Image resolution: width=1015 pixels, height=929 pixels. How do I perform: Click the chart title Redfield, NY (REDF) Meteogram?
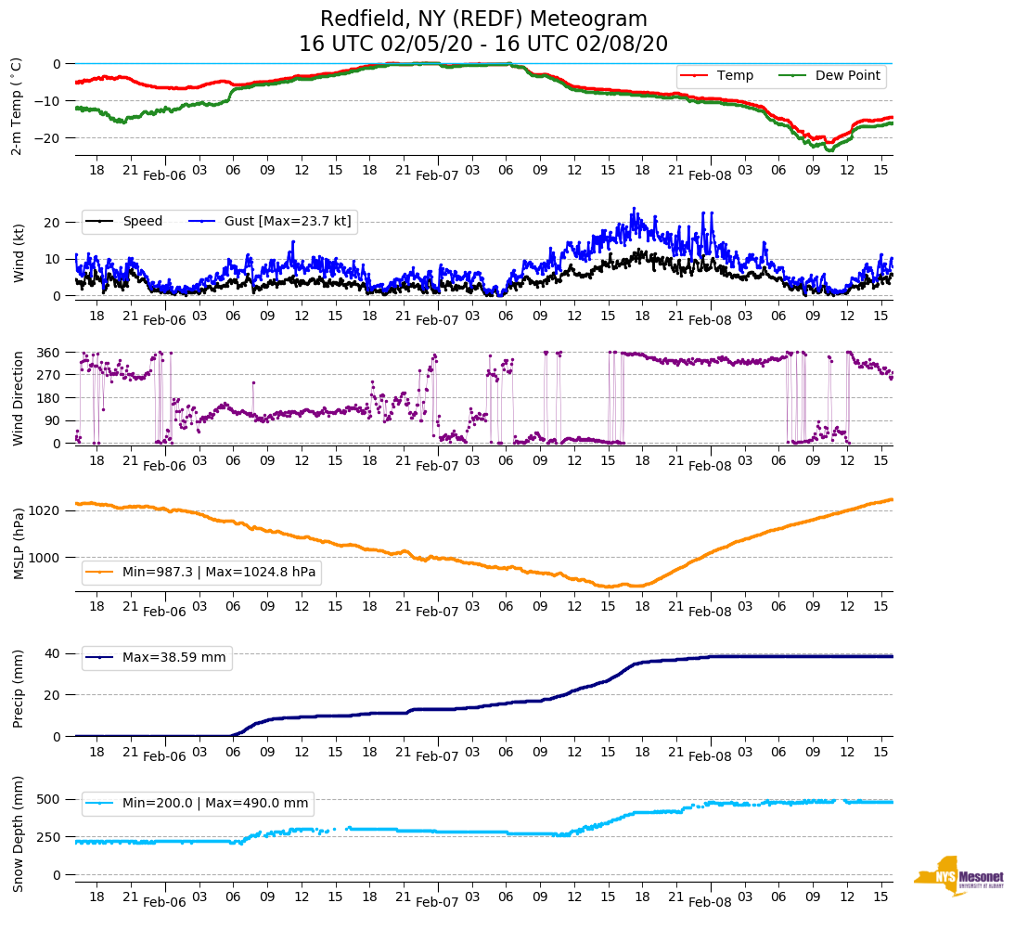483,19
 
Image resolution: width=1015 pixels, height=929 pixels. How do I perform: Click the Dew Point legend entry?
847,75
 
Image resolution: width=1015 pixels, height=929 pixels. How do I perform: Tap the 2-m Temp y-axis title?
17,105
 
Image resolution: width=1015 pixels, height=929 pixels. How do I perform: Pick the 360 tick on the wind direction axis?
50,353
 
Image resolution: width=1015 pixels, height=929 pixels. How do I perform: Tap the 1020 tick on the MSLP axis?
46,510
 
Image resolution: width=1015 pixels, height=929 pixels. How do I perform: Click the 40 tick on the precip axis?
54,653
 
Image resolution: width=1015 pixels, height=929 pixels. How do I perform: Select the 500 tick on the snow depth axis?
50,799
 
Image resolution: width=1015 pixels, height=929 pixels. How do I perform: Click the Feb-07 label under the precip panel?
437,756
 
